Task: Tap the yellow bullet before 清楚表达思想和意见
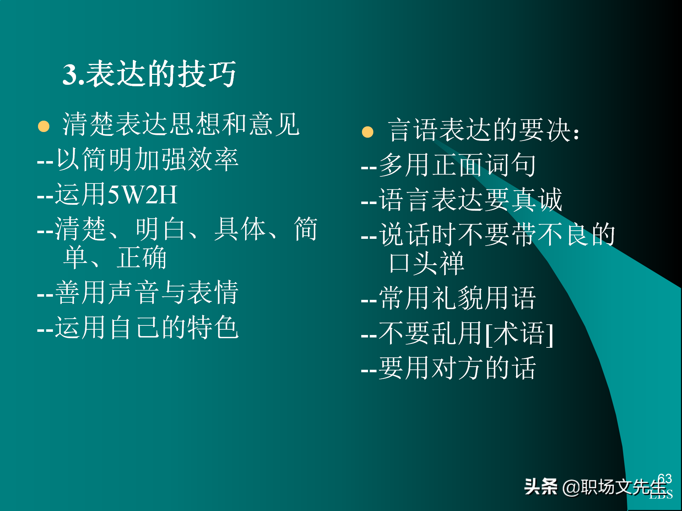click(x=44, y=126)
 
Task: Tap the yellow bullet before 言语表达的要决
click(x=368, y=132)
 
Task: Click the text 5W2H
click(x=142, y=195)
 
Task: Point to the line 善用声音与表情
click(x=147, y=292)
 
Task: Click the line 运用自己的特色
click(x=147, y=327)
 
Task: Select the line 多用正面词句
click(x=458, y=165)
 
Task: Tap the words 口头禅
click(x=426, y=263)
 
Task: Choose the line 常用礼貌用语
click(x=458, y=298)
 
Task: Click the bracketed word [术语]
click(x=519, y=334)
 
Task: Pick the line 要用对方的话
click(x=458, y=368)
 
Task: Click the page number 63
click(x=665, y=479)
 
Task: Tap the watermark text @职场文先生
click(x=615, y=487)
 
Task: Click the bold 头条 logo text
click(x=541, y=487)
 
